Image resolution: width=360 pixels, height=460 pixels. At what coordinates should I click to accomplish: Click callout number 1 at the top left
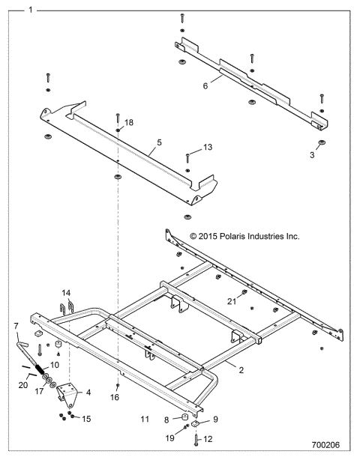pyautogui.click(x=29, y=10)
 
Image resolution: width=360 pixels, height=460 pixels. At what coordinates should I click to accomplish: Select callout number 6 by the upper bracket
pyautogui.click(x=205, y=85)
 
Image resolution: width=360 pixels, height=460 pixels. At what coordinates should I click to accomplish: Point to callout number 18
pyautogui.click(x=129, y=121)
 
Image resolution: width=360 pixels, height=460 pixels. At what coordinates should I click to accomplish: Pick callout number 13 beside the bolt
pyautogui.click(x=208, y=148)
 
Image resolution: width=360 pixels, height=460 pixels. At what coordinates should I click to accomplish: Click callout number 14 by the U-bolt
pyautogui.click(x=66, y=293)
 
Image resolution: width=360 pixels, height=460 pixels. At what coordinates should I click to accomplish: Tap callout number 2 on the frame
pyautogui.click(x=241, y=369)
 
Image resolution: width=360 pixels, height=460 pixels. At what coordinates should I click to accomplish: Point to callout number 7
pyautogui.click(x=16, y=326)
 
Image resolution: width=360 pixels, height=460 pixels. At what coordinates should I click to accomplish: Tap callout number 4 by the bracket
pyautogui.click(x=88, y=392)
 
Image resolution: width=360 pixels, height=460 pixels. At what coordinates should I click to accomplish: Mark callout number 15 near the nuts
pyautogui.click(x=86, y=418)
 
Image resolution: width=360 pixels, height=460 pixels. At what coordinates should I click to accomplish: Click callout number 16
pyautogui.click(x=114, y=398)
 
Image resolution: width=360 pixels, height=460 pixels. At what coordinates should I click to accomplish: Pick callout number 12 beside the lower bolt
pyautogui.click(x=208, y=440)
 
